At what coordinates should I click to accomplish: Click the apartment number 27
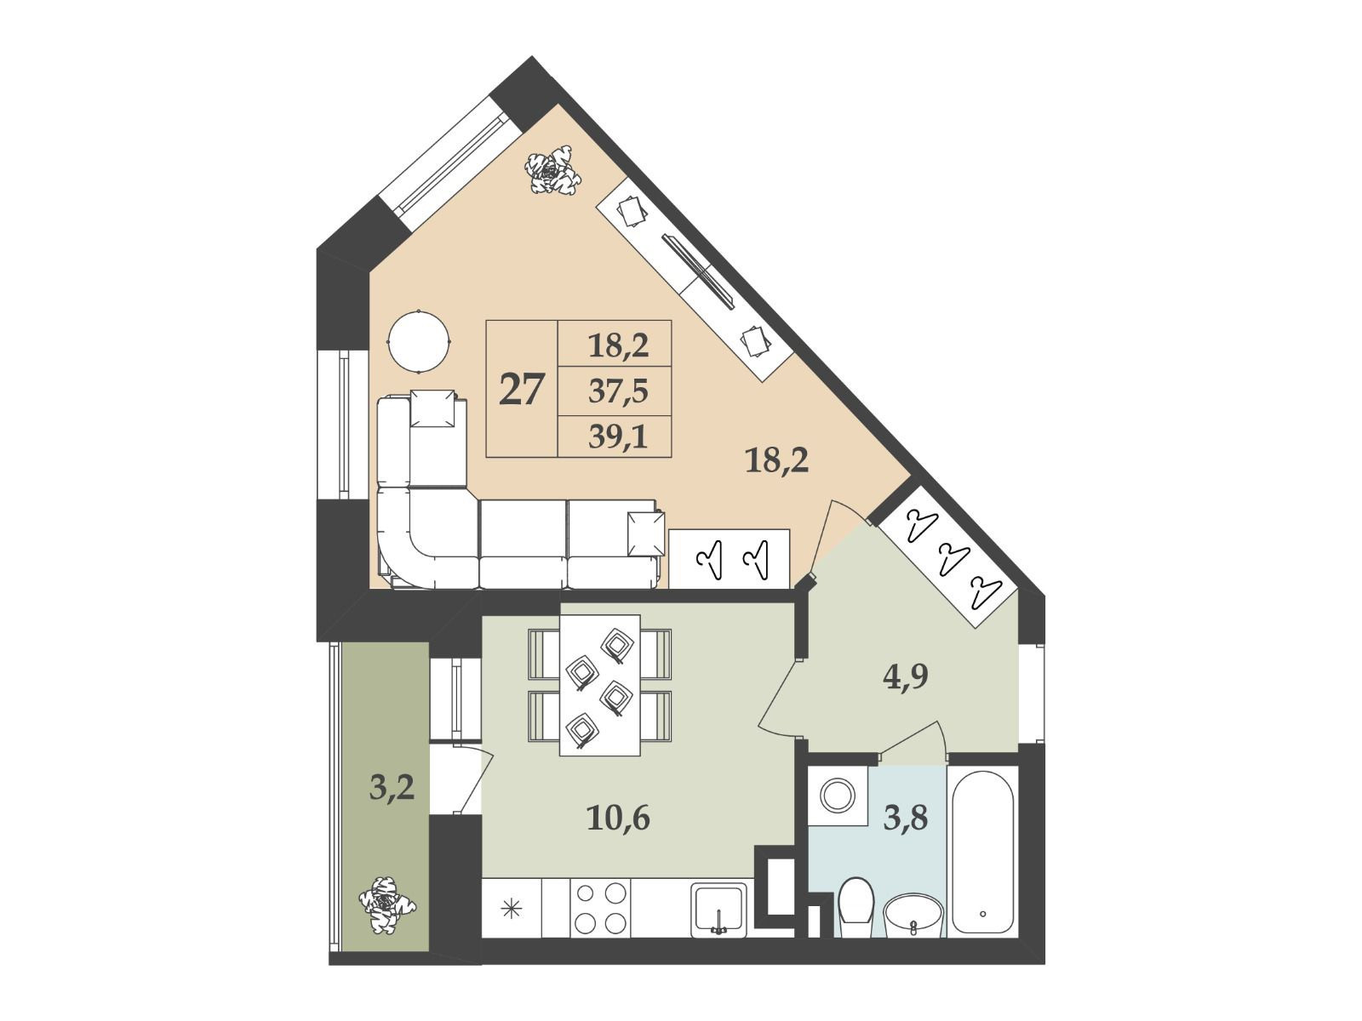(x=521, y=390)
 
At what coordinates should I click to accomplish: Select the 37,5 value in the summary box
(x=618, y=391)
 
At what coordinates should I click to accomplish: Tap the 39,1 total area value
(x=618, y=437)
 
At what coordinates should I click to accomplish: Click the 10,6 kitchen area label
(x=618, y=819)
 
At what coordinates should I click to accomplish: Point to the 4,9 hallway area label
(x=906, y=676)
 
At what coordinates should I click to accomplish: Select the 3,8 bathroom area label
(x=906, y=818)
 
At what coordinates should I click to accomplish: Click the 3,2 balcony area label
(x=392, y=788)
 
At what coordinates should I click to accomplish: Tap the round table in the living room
(x=418, y=341)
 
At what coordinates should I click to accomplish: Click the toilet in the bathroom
(x=856, y=909)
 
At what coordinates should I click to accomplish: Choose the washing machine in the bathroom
(x=838, y=796)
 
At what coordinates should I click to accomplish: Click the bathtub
(x=983, y=852)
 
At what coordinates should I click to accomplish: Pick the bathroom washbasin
(x=913, y=915)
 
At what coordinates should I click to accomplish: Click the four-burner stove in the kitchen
(x=600, y=909)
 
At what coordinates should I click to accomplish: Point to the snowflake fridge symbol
(x=512, y=910)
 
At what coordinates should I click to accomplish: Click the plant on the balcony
(x=387, y=905)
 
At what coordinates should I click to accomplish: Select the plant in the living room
(x=552, y=170)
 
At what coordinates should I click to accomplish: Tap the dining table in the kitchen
(x=600, y=685)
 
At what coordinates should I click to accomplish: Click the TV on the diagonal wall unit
(x=699, y=271)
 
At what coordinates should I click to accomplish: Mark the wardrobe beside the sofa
(x=729, y=558)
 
